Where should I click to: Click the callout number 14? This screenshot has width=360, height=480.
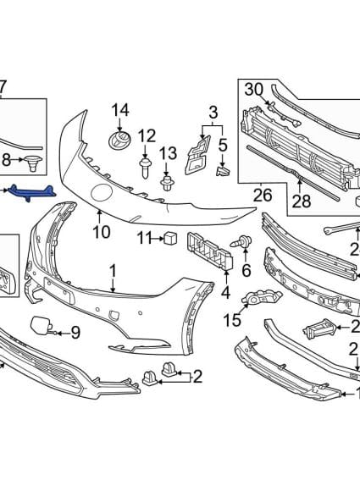(x=120, y=109)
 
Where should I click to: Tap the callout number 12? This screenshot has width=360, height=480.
(x=147, y=135)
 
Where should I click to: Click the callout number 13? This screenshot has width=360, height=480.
(x=169, y=152)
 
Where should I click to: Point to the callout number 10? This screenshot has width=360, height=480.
(x=101, y=231)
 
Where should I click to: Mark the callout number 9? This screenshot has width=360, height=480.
(x=75, y=333)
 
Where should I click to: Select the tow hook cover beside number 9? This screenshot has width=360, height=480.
(x=42, y=324)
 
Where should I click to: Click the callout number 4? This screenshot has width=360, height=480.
(x=225, y=293)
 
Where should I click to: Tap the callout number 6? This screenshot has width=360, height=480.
(x=246, y=270)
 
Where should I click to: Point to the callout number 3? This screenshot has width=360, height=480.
(x=213, y=110)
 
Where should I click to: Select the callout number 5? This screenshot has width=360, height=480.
(x=224, y=145)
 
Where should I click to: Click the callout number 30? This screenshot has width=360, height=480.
(x=254, y=89)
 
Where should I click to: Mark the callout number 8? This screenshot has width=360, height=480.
(x=7, y=159)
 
